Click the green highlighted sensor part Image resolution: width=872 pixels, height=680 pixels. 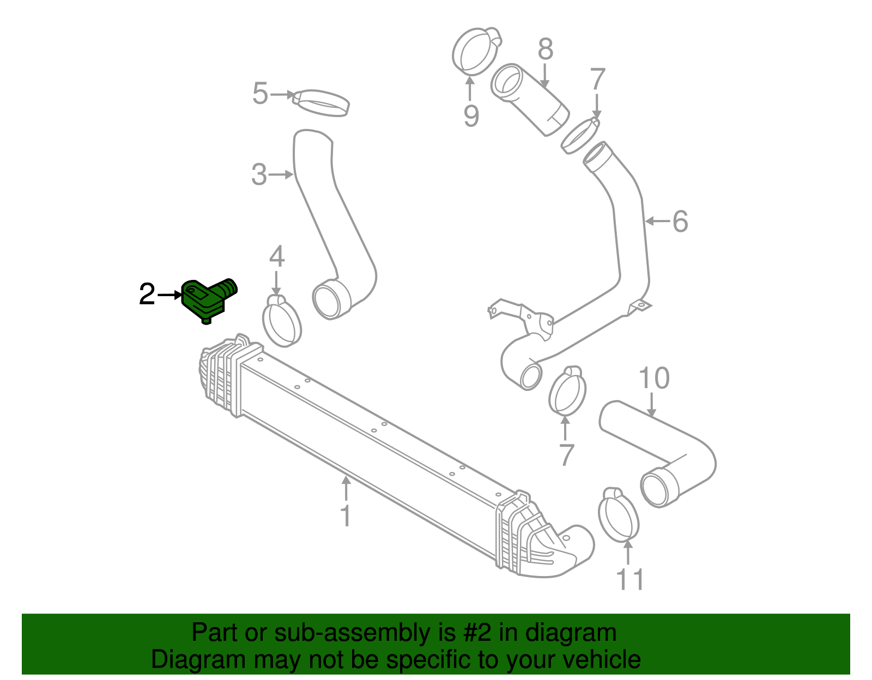click(x=205, y=298)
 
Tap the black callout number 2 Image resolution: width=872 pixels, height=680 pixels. click(x=147, y=295)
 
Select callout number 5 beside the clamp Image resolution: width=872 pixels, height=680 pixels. click(x=260, y=94)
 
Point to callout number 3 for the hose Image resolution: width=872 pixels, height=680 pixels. click(x=259, y=175)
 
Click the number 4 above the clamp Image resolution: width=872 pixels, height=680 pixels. click(x=277, y=256)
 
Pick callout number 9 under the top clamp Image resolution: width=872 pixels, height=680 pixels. click(x=471, y=116)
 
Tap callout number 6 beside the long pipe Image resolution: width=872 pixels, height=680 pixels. click(x=680, y=222)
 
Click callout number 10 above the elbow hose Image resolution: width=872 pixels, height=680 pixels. click(x=653, y=378)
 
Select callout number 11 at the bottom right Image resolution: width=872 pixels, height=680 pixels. click(x=631, y=580)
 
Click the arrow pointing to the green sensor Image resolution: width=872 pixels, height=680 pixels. click(x=169, y=295)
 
